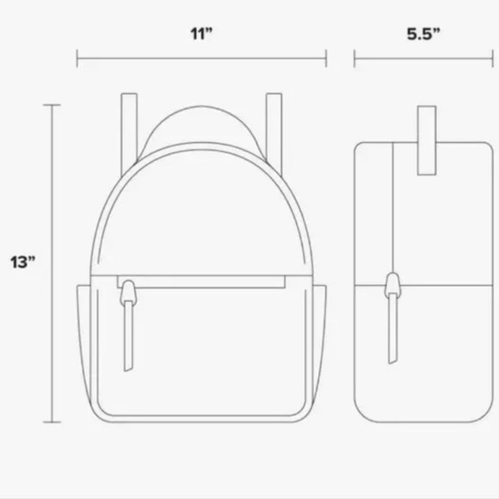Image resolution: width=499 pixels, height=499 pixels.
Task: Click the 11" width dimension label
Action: pos(201,34)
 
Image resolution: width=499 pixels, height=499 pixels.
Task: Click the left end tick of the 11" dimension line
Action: pos(77,59)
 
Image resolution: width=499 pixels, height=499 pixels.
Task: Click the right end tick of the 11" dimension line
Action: pos(326,59)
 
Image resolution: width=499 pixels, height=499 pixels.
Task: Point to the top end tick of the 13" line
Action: pos(54,105)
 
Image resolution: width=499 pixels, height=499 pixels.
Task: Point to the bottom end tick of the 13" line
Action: pos(54,422)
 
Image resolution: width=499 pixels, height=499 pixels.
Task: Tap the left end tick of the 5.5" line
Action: pos(354,59)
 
